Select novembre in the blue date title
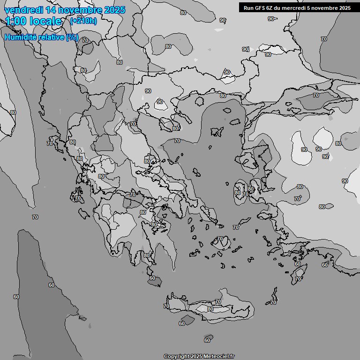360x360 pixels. coord(78,10)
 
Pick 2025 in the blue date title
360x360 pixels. coord(114,10)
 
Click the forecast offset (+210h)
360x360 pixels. coord(83,21)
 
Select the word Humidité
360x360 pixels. coord(20,37)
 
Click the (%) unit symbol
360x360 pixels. coord(72,37)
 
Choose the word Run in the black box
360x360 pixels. coord(249,8)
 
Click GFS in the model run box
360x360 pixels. coord(261,8)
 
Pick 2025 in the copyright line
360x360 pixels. coord(196,356)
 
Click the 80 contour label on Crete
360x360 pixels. coord(210,309)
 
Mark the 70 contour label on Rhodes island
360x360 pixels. coord(298,279)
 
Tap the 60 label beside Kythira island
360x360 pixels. coord(152,278)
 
